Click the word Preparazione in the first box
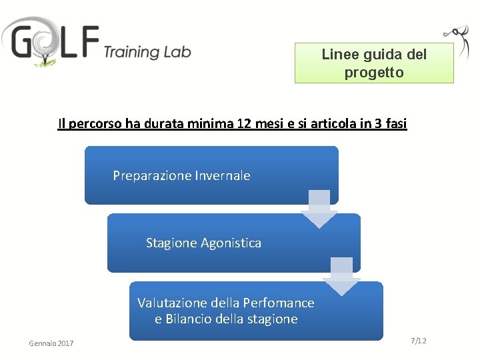point(152,176)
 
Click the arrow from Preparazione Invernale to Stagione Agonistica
point(319,208)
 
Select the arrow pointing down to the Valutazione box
point(341,276)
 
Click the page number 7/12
point(419,341)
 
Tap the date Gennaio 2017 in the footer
point(51,343)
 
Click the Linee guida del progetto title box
point(374,63)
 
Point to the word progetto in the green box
point(374,73)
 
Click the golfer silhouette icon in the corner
point(457,39)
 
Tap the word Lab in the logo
point(178,51)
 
